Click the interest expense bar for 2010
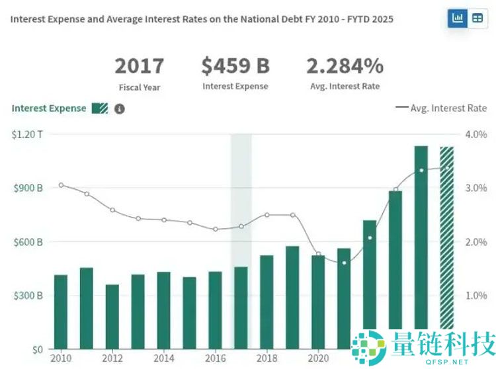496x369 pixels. pos(61,311)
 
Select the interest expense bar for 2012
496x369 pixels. pos(112,317)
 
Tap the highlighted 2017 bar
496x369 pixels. pos(241,307)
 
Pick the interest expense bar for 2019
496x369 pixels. pos(292,298)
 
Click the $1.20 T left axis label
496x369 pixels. pos(27,134)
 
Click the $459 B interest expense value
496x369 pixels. pos(235,67)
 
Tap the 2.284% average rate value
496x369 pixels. pos(345,67)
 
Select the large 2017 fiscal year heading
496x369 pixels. pos(139,67)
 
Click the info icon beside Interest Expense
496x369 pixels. pos(119,108)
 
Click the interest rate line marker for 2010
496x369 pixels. pos(61,185)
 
